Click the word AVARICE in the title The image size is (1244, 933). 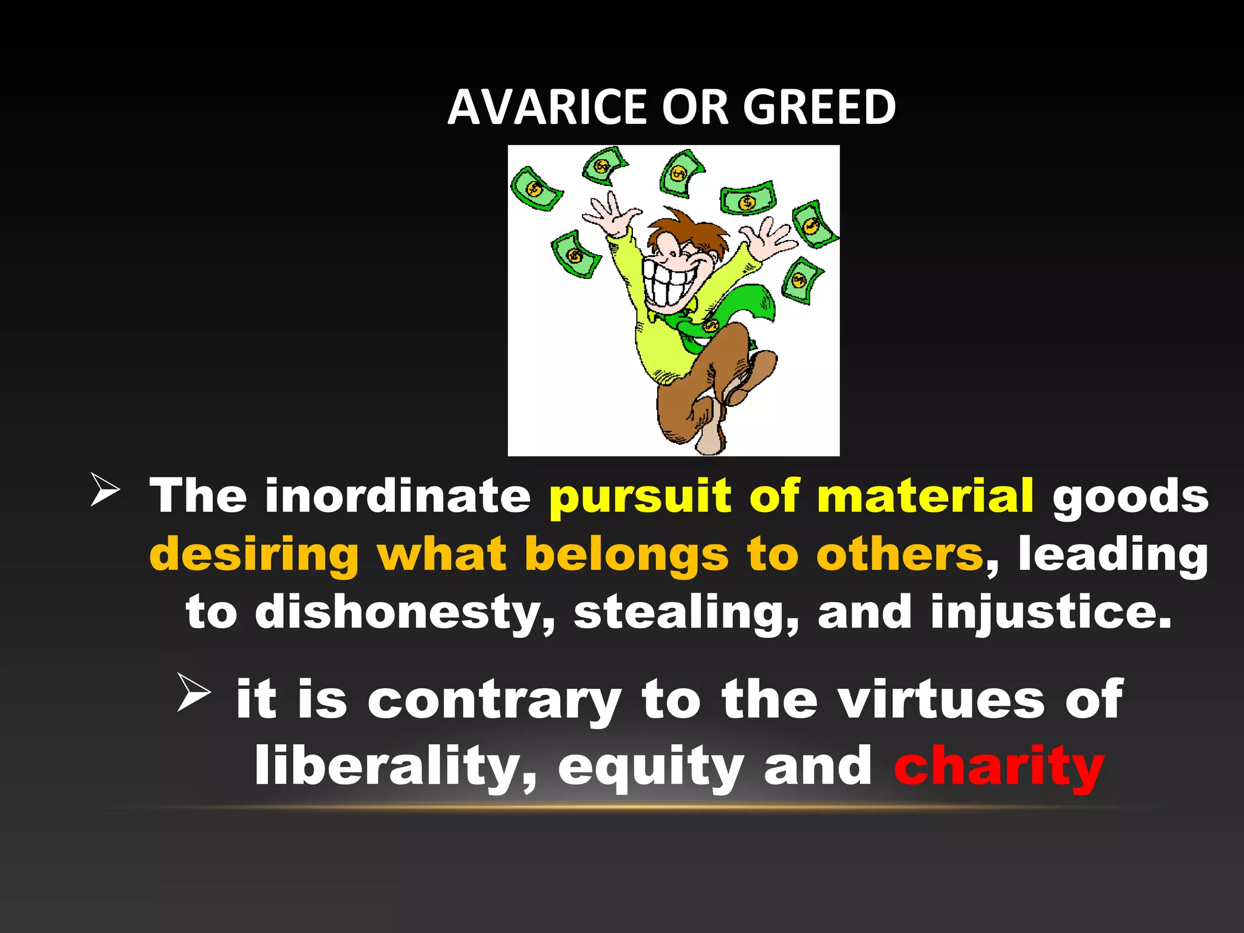pos(547,107)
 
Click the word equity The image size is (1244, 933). pos(651,767)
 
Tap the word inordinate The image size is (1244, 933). pos(398,496)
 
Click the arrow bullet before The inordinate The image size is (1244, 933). pos(104,490)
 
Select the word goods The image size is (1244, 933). pos(1130,497)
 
